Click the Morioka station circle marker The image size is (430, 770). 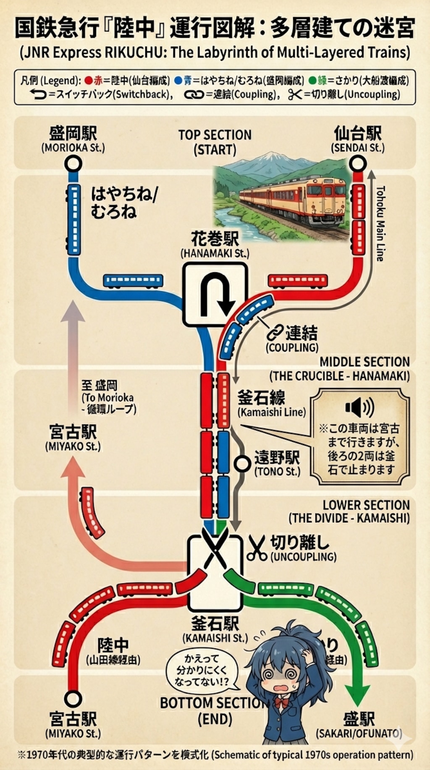click(x=73, y=163)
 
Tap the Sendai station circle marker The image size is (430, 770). click(x=357, y=163)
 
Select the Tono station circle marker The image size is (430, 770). click(x=242, y=464)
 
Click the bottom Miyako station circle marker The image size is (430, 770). click(x=73, y=699)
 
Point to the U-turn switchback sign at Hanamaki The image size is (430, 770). click(x=215, y=294)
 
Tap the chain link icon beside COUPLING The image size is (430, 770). click(x=275, y=333)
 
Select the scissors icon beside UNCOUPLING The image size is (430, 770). click(x=257, y=548)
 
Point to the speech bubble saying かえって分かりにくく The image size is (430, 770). click(x=202, y=670)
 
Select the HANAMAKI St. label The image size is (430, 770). click(x=215, y=254)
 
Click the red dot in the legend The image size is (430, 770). click(x=88, y=80)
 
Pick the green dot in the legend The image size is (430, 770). click(x=312, y=80)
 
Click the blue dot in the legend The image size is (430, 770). click(x=178, y=80)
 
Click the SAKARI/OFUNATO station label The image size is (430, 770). click(x=359, y=734)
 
